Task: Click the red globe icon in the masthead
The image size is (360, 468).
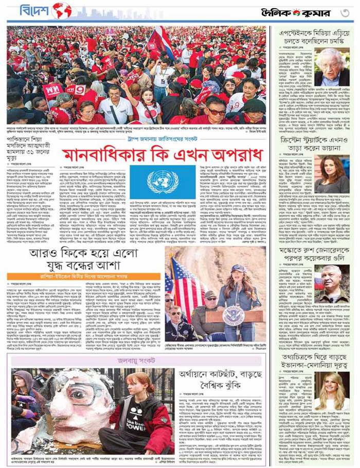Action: tap(62, 10)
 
